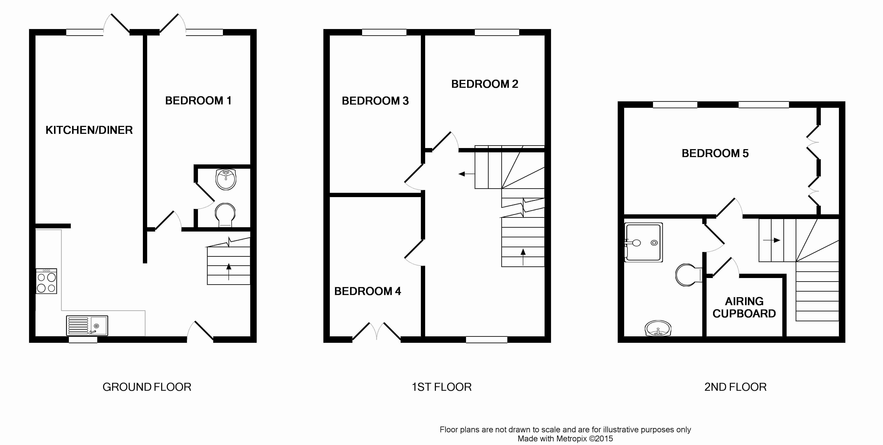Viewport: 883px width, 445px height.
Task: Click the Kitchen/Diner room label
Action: click(89, 130)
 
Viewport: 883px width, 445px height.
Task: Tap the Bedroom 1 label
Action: click(198, 100)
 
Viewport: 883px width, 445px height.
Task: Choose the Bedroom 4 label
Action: click(367, 291)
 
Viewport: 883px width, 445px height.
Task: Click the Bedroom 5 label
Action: click(715, 153)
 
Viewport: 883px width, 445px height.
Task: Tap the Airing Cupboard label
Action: click(744, 307)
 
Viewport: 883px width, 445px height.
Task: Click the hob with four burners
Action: click(46, 281)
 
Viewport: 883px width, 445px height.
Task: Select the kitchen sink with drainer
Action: click(87, 325)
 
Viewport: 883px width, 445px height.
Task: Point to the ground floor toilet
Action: click(225, 215)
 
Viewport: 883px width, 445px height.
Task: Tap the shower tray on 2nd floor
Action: click(643, 242)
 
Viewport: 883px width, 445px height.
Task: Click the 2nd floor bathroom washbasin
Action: click(658, 328)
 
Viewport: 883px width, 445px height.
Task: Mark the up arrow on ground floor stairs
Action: click(229, 272)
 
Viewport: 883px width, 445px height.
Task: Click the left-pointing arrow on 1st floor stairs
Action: click(467, 174)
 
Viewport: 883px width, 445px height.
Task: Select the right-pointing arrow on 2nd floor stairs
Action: click(772, 240)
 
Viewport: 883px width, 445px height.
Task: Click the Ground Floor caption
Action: click(147, 387)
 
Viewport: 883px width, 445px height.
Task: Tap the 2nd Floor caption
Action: click(735, 387)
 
